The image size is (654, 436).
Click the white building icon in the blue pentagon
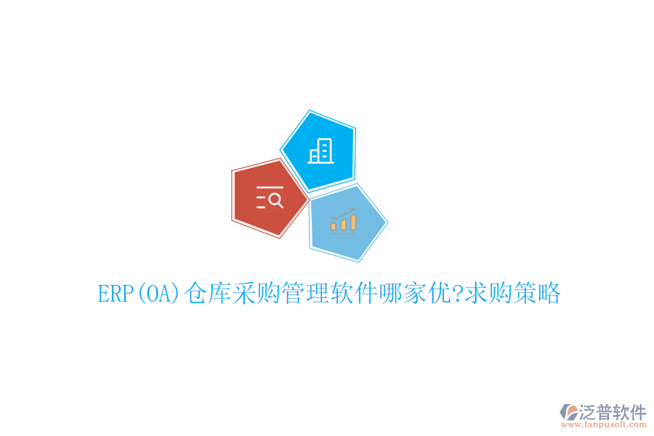(320, 150)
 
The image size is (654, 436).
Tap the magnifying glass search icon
(270, 198)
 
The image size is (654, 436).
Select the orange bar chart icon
(344, 219)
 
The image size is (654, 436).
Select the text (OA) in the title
(158, 294)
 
